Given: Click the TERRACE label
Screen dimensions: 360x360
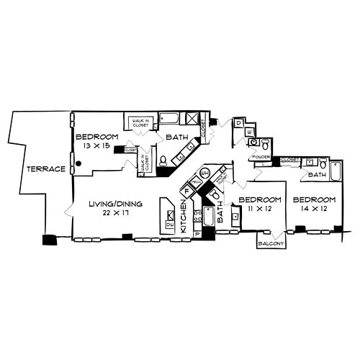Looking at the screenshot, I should [x=46, y=169].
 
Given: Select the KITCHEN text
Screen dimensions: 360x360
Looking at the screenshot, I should [x=184, y=216].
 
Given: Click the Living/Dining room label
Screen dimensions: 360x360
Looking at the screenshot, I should [x=115, y=204].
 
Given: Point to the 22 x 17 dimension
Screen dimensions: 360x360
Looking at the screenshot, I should [x=115, y=213].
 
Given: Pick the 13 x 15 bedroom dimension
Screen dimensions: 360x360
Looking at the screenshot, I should [x=96, y=145].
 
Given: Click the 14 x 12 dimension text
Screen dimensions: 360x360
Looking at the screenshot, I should [x=314, y=207].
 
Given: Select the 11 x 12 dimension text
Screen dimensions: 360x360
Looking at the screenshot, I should [x=258, y=207].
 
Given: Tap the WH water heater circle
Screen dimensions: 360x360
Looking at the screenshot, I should [x=204, y=174].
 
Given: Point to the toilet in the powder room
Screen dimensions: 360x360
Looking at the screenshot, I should [x=255, y=143].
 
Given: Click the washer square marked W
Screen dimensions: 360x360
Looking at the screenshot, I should [x=250, y=132].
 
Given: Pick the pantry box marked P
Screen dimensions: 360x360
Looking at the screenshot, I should [x=197, y=234].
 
